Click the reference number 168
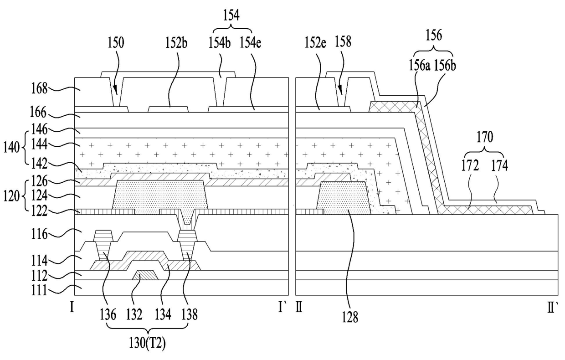[39, 89]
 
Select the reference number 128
[350, 317]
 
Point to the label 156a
[419, 66]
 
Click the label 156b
[445, 66]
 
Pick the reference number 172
[470, 166]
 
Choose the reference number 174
[500, 166]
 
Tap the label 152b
[176, 43]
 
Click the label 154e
[250, 43]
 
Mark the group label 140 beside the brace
[11, 148]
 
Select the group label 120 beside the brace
[11, 196]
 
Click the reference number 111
[39, 290]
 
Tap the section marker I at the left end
[72, 308]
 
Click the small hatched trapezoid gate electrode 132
[145, 275]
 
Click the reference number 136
[108, 315]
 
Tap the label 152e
[315, 43]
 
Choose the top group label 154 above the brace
[231, 15]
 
